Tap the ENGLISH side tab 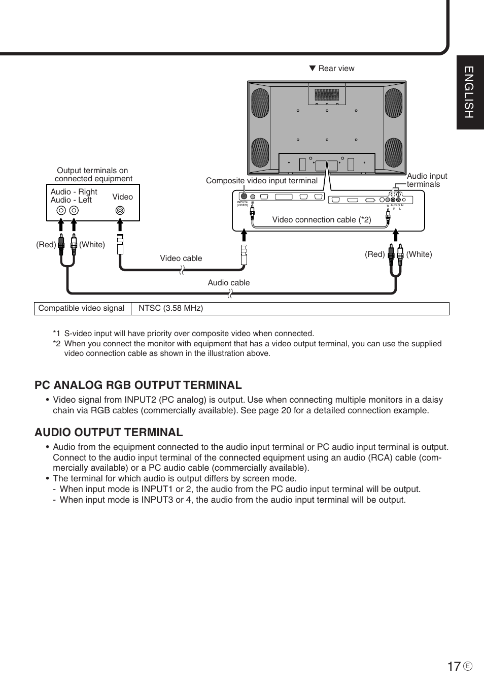(x=469, y=92)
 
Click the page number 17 (x=454, y=666)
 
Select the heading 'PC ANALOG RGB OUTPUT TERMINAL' (x=138, y=385)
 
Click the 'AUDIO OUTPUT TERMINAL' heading (x=109, y=432)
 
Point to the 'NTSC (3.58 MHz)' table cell (x=170, y=308)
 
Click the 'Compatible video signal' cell (x=81, y=308)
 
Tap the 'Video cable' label (x=181, y=258)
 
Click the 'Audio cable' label (x=228, y=283)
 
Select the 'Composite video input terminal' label (x=261, y=181)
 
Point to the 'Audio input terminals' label (x=427, y=180)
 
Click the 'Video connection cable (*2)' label (x=322, y=220)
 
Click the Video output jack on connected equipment (x=120, y=210)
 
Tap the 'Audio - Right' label (x=74, y=192)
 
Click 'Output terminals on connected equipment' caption (x=93, y=175)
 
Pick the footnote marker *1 (x=56, y=334)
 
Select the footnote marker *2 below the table (x=56, y=344)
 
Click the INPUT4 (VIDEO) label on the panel (x=242, y=204)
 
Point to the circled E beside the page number (x=468, y=667)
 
